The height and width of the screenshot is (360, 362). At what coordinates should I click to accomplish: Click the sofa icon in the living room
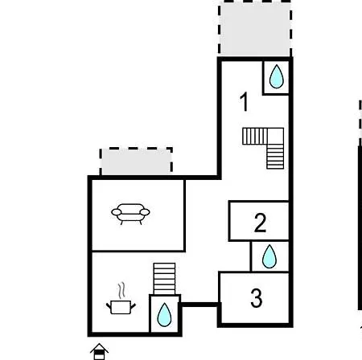coord(130,214)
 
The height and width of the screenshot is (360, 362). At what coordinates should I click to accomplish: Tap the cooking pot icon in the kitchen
coord(121,307)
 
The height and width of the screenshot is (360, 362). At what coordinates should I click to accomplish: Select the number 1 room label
coord(244,101)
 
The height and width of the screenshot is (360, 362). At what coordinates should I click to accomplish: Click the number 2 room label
coord(260,223)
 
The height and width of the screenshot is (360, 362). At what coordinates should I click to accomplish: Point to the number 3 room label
coord(257,297)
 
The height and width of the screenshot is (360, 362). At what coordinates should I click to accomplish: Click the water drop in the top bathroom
coord(277,76)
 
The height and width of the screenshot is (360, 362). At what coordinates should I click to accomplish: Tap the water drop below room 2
coord(269,256)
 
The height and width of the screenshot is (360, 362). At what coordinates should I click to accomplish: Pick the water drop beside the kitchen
coord(164,315)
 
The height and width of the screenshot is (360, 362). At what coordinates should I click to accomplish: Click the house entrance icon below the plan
coord(99,351)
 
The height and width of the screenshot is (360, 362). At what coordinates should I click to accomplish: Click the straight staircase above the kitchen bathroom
coord(164,279)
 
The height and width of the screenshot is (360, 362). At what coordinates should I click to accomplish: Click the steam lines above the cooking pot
coord(121,290)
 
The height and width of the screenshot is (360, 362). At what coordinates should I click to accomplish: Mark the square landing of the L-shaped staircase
coord(275,137)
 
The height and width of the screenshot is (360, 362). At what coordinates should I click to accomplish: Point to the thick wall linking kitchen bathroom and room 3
coord(200,305)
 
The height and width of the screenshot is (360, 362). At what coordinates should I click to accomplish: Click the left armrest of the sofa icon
coord(117,212)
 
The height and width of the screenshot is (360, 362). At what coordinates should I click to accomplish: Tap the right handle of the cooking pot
coord(134,305)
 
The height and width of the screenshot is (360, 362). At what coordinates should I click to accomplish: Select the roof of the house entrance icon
coord(99,347)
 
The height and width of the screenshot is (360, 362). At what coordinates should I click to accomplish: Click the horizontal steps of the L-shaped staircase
coord(255,137)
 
